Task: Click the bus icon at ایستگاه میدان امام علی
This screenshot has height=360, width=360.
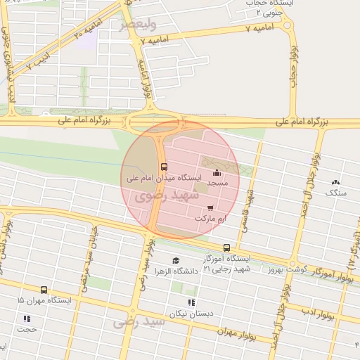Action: click(x=164, y=167)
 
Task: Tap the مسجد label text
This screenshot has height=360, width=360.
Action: click(x=217, y=183)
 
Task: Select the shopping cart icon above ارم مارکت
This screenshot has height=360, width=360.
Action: click(x=211, y=208)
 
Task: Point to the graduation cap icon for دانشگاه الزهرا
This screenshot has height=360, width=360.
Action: click(x=175, y=261)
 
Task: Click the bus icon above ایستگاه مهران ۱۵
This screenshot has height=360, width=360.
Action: click(x=44, y=290)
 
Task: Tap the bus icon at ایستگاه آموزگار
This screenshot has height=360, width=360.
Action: click(x=226, y=247)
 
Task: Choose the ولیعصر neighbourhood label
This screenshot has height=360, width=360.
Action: click(x=135, y=25)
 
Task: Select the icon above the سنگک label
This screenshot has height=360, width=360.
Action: click(x=334, y=181)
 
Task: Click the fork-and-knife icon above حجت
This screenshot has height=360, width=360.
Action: click(x=28, y=319)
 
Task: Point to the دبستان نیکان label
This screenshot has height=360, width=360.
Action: click(x=191, y=314)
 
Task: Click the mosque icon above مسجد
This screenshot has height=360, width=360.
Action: click(x=217, y=172)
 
